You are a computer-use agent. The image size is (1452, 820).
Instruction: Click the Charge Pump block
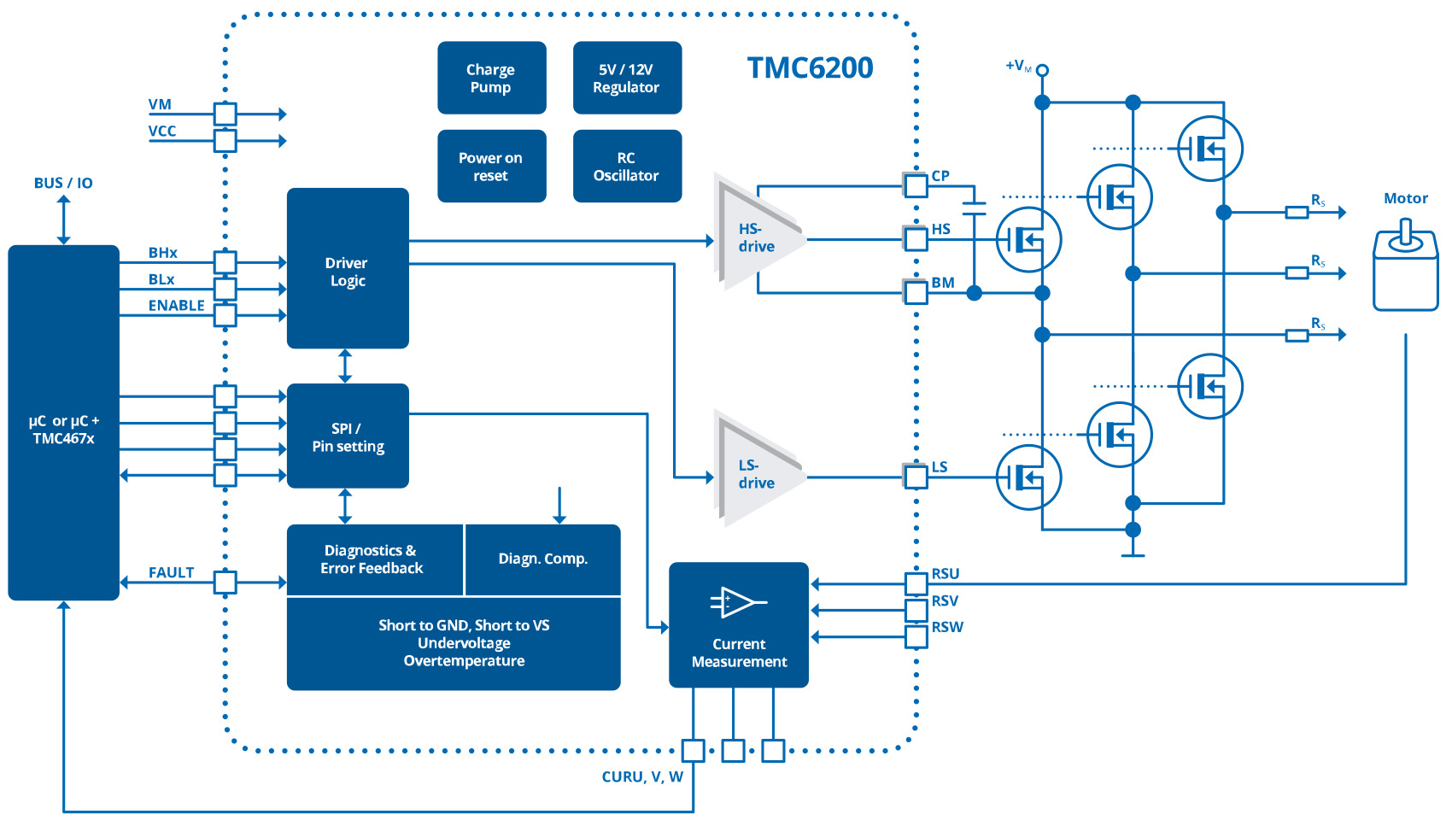491,78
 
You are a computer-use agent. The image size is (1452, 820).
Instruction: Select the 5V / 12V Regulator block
627,78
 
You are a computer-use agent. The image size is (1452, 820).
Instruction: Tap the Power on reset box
491,166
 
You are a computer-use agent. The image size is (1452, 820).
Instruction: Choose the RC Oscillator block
627,166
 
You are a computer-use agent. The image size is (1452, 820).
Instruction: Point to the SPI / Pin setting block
348,436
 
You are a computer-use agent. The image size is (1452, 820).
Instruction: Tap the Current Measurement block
739,624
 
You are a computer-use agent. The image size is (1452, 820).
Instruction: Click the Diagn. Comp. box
543,559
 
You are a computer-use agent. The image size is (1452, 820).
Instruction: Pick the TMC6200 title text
810,68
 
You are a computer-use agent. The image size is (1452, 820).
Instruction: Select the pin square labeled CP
916,185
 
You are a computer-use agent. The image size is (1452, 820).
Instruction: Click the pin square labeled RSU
916,584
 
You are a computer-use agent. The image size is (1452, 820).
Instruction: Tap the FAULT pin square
225,583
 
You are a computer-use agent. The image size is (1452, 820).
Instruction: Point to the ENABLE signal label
176,306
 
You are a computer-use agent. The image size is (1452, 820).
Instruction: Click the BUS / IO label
63,183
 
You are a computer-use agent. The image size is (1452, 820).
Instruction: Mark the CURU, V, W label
642,776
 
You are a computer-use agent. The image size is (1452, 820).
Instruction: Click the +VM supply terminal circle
1042,70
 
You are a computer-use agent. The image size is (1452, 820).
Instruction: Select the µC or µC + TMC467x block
63,423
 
